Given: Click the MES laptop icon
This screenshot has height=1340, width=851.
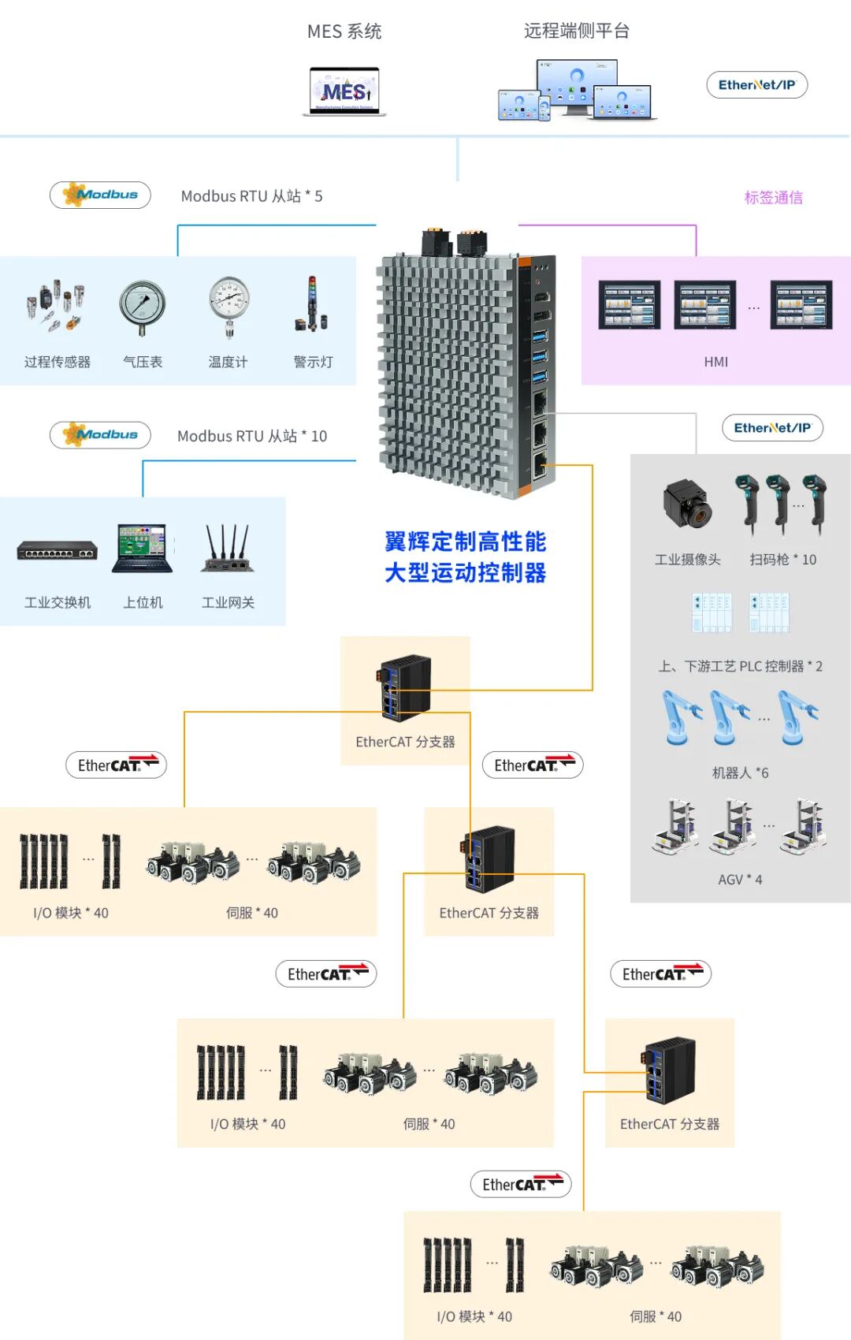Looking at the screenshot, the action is [x=344, y=91].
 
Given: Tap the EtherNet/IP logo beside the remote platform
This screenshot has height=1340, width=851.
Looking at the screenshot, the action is [x=756, y=85].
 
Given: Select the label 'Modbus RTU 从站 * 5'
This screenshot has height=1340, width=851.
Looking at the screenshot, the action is [x=252, y=196].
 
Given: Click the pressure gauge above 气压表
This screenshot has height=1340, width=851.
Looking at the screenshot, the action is [x=143, y=307].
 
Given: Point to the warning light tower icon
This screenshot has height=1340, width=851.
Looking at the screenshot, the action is [x=311, y=304].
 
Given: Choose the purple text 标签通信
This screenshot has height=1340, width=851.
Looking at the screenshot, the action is [x=773, y=197].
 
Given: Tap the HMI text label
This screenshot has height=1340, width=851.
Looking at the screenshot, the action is [x=715, y=362].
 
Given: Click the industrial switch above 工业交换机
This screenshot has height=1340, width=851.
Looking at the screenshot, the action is [x=58, y=549].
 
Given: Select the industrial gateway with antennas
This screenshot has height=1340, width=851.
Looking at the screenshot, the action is [x=228, y=549].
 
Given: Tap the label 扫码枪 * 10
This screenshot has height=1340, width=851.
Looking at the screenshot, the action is [x=782, y=560].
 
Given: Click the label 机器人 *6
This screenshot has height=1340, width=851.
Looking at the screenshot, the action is [x=741, y=773].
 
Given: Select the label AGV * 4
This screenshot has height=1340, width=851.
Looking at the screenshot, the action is [x=741, y=880].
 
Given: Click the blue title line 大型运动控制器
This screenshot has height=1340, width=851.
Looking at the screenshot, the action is [x=465, y=573].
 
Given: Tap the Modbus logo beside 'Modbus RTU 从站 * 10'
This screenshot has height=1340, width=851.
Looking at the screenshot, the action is [x=101, y=435].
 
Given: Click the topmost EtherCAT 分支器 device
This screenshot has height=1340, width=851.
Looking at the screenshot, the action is [x=405, y=687].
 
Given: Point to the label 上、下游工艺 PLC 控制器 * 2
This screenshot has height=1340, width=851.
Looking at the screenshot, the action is [x=741, y=666].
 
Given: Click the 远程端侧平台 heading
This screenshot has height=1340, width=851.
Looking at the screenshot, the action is [x=577, y=31].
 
